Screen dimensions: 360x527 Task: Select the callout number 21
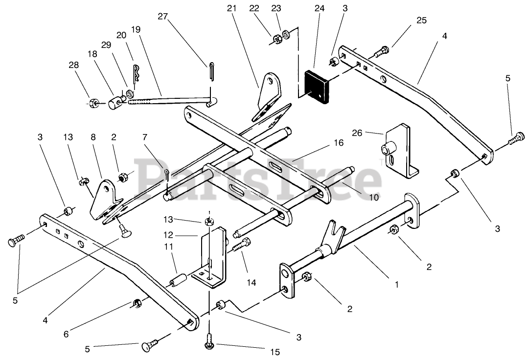click(x=231, y=9)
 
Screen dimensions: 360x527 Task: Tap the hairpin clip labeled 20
click(x=137, y=73)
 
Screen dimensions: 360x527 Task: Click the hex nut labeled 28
click(x=94, y=103)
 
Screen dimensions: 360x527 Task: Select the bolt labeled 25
click(x=382, y=50)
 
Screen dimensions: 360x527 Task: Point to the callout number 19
click(x=136, y=29)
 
